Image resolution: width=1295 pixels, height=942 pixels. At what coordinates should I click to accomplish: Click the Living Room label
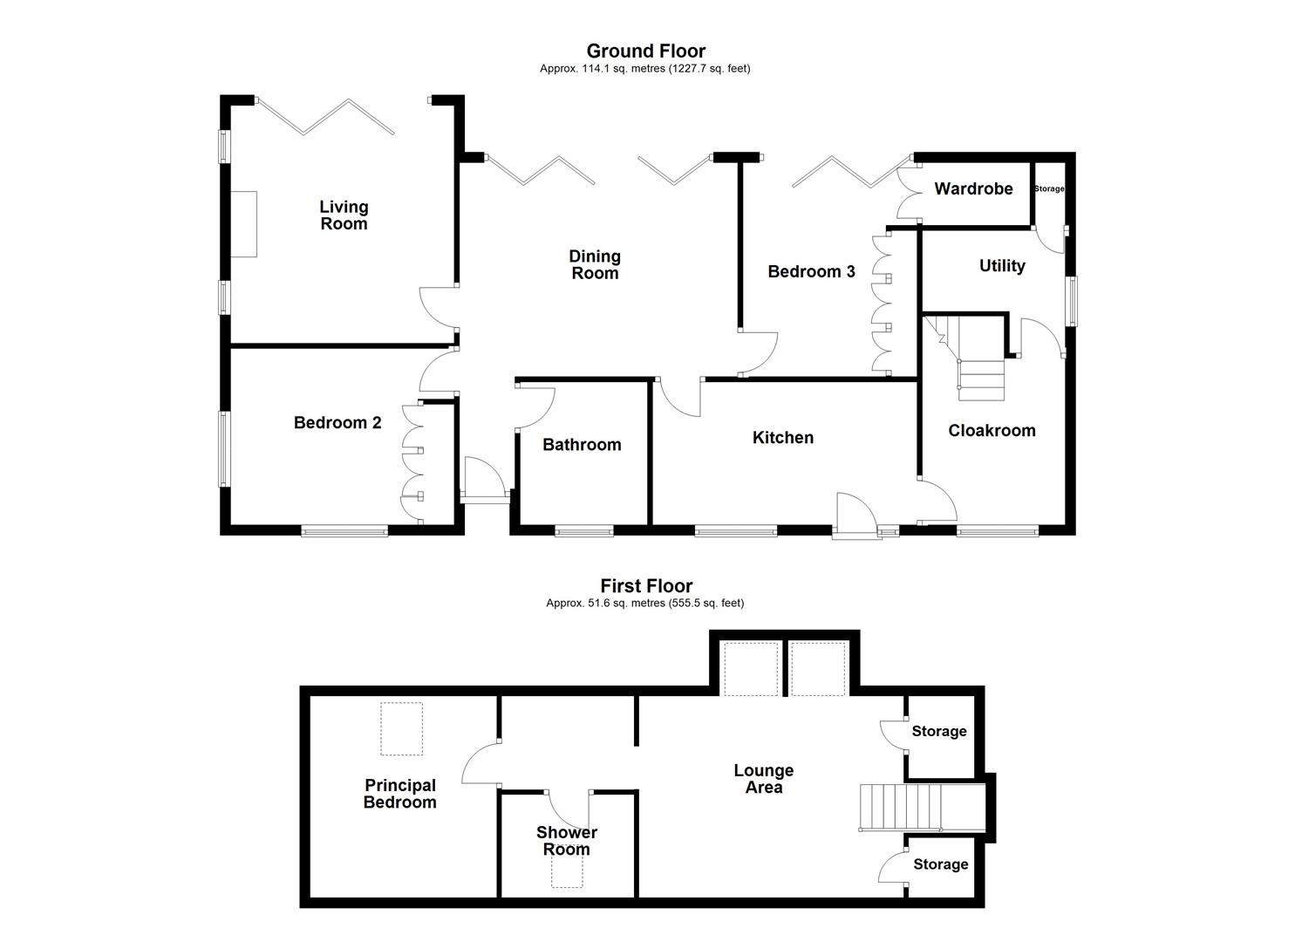pyautogui.click(x=344, y=215)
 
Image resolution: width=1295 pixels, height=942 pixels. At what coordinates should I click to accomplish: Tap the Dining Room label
pyautogui.click(x=594, y=264)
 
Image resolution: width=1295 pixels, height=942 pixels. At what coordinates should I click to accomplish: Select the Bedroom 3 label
pyautogui.click(x=811, y=272)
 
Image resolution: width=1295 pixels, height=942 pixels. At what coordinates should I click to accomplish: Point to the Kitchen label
pyautogui.click(x=782, y=438)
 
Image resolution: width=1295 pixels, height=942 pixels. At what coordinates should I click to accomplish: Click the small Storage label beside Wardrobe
pyautogui.click(x=1048, y=188)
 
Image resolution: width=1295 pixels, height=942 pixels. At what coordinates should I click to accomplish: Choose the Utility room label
pyautogui.click(x=1001, y=266)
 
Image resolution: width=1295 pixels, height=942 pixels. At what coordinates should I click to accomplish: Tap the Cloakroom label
pyautogui.click(x=992, y=431)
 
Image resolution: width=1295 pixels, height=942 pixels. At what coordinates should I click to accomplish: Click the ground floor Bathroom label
pyautogui.click(x=582, y=445)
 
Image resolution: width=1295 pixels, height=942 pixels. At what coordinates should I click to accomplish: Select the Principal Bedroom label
pyautogui.click(x=400, y=794)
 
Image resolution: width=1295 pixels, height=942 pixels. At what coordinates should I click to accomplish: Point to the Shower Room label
pyautogui.click(x=566, y=841)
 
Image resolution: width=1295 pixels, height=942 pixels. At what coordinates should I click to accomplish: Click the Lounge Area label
pyautogui.click(x=763, y=779)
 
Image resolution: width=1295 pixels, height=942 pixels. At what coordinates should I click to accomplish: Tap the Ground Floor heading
pyautogui.click(x=645, y=51)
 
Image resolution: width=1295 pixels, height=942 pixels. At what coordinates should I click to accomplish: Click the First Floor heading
pyautogui.click(x=645, y=586)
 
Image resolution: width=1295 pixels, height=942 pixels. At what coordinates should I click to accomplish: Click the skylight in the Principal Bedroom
pyautogui.click(x=401, y=729)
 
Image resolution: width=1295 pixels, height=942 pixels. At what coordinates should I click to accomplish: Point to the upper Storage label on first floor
pyautogui.click(x=938, y=732)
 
